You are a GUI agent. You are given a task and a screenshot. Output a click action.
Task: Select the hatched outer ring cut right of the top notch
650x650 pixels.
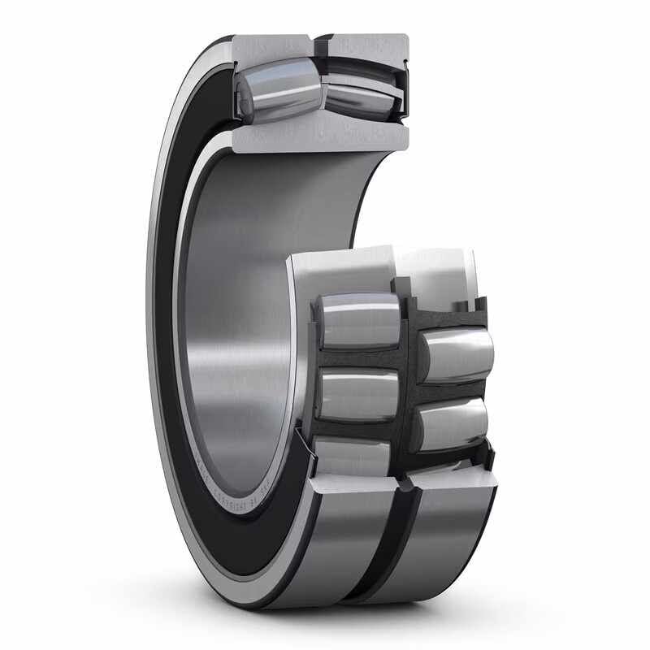point(366,47)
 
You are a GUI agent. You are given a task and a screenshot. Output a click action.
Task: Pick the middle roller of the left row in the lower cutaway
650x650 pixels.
point(357,394)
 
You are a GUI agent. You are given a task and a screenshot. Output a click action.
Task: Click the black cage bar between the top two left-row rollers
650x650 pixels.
point(357,358)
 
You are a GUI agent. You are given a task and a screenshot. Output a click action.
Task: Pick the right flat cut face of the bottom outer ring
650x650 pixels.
point(455,481)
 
